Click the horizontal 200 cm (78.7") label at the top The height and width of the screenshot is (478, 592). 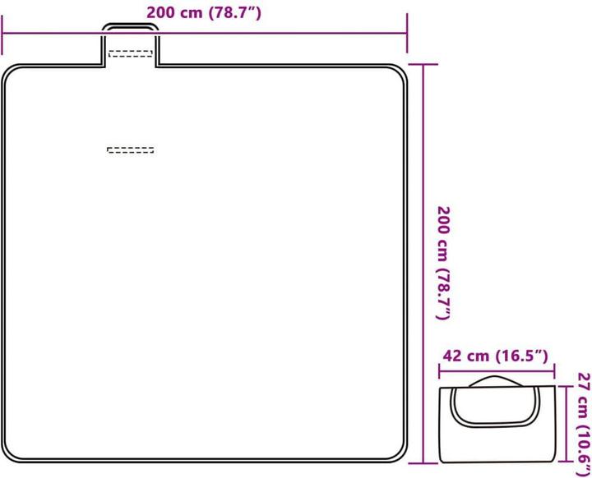tap(204, 13)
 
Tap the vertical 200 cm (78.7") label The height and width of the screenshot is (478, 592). tap(444, 263)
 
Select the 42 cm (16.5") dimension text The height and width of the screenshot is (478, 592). tap(495, 356)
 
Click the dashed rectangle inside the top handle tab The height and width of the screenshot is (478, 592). tap(131, 53)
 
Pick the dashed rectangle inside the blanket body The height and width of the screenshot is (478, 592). tap(131, 150)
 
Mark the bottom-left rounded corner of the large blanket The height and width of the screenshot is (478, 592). tap(12, 453)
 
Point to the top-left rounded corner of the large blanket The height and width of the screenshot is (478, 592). tap(12, 73)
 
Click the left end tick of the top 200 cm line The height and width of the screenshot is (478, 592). tap(2, 34)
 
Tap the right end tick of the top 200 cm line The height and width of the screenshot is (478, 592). tap(407, 33)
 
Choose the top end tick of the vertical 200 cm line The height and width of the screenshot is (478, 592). tap(423, 65)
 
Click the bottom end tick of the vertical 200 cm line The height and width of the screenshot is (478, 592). tap(423, 463)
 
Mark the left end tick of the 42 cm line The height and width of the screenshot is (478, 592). tap(439, 371)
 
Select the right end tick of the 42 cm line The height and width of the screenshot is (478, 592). tap(554, 371)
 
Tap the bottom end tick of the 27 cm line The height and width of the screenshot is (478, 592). tap(566, 461)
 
